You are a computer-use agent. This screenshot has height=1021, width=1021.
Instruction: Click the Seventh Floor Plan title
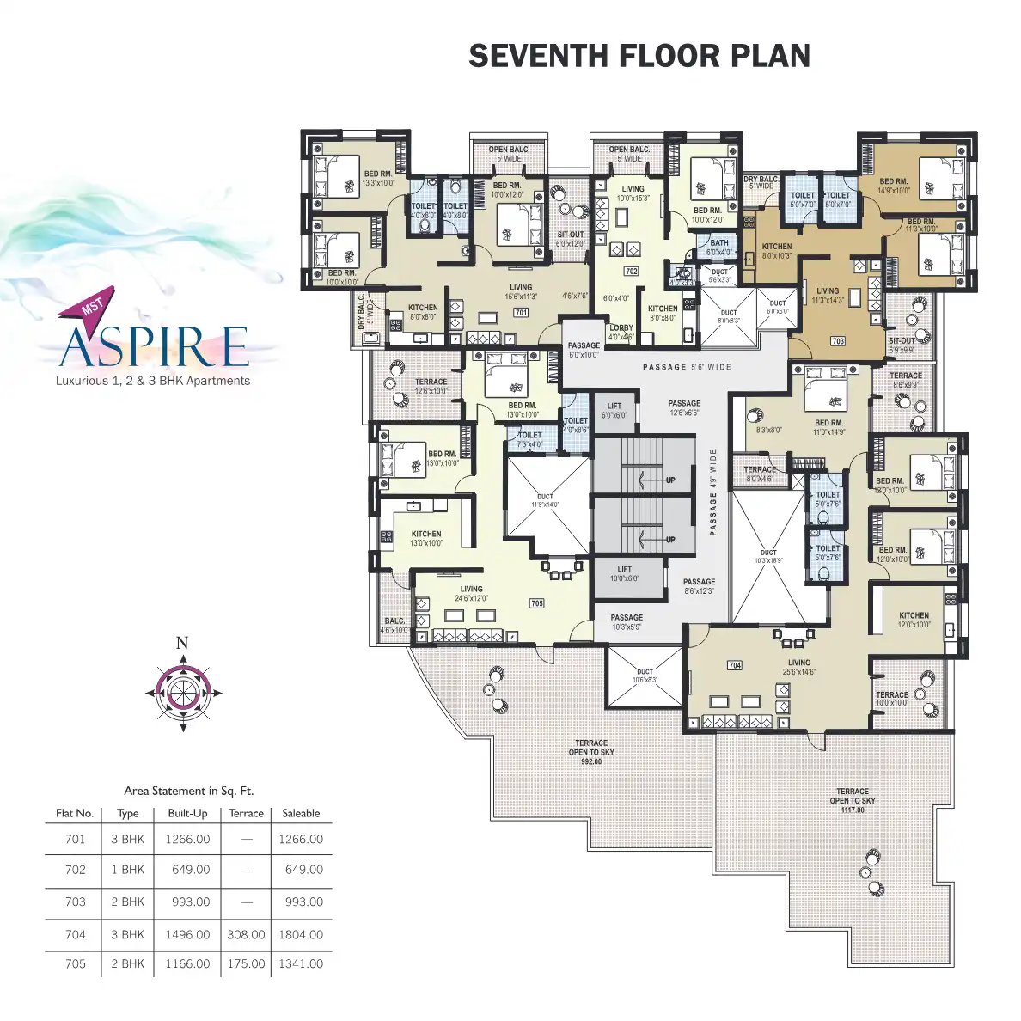[639, 56]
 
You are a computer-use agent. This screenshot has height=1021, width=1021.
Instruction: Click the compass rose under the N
[182, 692]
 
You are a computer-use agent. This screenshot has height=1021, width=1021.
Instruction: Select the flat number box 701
[521, 313]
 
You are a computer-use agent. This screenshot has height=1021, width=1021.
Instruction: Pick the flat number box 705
[536, 603]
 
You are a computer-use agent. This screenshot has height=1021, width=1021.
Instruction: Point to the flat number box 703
[838, 341]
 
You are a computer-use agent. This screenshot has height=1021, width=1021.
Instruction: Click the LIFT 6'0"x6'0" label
[614, 411]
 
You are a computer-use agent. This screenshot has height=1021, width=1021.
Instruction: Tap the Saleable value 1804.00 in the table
[301, 934]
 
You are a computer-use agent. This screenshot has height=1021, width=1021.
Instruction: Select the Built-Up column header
[187, 813]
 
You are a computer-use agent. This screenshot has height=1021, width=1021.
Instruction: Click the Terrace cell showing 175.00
[246, 963]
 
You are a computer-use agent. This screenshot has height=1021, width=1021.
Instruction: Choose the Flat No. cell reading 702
[76, 870]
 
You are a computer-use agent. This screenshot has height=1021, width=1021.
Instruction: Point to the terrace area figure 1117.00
[853, 810]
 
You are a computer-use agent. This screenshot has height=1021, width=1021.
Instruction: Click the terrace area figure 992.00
[591, 761]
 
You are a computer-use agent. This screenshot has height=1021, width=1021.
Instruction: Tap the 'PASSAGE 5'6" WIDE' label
[687, 367]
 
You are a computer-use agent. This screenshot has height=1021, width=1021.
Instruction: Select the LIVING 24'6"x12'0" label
[471, 594]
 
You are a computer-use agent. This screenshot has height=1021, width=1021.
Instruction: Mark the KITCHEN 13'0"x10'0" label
[426, 539]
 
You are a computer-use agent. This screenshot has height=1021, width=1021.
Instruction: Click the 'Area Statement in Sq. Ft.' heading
[189, 791]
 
